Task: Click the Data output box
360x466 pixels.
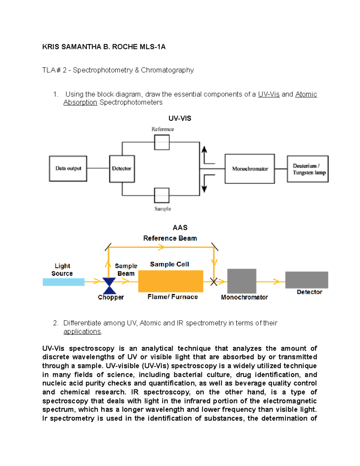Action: [x=68, y=169]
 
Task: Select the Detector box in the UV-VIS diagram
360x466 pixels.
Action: [x=122, y=169]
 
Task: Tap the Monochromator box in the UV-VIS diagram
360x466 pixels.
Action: [x=250, y=169]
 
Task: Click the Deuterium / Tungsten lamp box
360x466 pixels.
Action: [x=308, y=169]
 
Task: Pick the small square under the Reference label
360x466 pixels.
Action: [x=162, y=142]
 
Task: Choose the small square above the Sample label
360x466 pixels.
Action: [x=162, y=195]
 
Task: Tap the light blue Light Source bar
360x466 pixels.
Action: [x=64, y=282]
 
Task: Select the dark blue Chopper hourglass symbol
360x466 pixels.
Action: [x=109, y=286]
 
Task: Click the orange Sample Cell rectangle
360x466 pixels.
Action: [x=170, y=281]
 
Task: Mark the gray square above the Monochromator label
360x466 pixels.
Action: [x=241, y=281]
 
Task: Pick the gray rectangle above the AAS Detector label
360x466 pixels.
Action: [x=306, y=280]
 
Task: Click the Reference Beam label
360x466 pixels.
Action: [x=170, y=238]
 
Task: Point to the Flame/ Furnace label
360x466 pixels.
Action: [x=172, y=297]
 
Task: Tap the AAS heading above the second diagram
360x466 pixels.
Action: [x=180, y=227]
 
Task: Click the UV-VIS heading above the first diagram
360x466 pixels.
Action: [x=180, y=118]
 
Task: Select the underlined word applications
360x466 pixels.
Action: [x=82, y=332]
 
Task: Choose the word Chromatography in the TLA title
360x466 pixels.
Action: [x=167, y=70]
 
